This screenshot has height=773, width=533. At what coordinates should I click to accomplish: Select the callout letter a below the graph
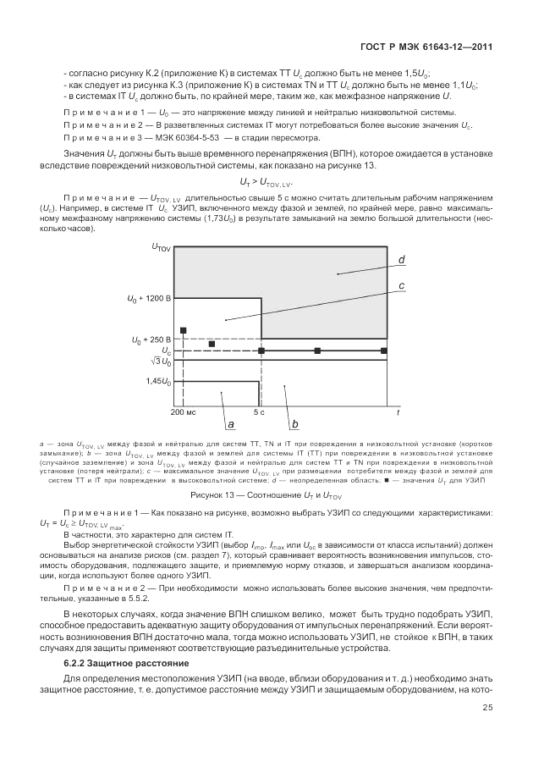[230, 423]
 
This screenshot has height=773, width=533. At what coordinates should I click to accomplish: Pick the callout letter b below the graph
[294, 423]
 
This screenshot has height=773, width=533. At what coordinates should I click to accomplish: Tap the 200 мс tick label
[183, 411]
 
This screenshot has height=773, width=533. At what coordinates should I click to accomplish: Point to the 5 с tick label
[260, 411]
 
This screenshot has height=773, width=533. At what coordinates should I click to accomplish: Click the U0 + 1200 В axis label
[149, 299]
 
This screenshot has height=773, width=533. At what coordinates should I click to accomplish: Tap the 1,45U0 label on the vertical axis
[158, 382]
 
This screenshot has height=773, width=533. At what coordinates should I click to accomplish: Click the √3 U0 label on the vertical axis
[161, 362]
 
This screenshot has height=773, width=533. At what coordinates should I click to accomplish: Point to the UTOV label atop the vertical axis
[161, 247]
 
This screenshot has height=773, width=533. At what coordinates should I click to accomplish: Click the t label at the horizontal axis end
[398, 411]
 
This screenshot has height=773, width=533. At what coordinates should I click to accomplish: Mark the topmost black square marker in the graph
[183, 330]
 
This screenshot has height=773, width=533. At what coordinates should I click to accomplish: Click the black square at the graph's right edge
[384, 350]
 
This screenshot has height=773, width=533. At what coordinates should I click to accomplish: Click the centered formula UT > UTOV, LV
[266, 182]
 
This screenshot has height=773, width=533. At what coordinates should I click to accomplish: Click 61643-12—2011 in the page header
[462, 48]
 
